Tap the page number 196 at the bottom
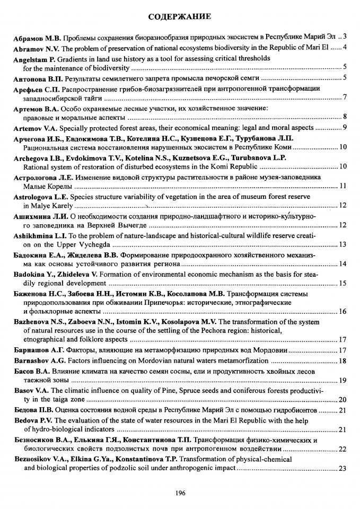pos(180,493)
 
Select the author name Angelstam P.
pos(34,59)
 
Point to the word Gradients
pos(75,59)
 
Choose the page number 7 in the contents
pos(345,98)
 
